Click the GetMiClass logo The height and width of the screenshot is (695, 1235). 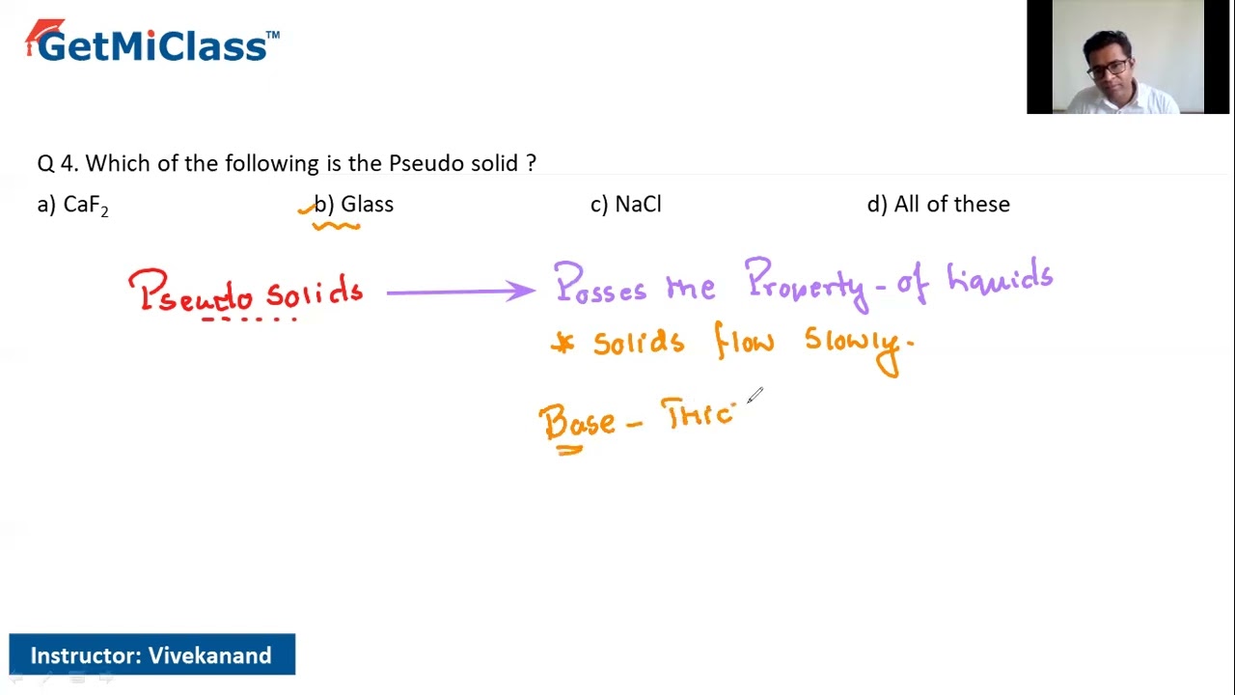coord(152,43)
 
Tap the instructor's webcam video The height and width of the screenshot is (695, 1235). coord(1114,58)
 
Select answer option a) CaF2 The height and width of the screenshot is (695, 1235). coord(73,205)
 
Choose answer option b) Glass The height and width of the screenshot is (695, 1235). coord(354,205)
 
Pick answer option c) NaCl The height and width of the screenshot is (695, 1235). coord(626,205)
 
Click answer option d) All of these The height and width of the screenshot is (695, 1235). coord(939,205)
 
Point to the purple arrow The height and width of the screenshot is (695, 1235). coord(460,291)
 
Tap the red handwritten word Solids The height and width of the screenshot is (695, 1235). coord(315,292)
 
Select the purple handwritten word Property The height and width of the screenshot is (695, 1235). coord(806,283)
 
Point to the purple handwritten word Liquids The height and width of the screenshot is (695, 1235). coord(1000,279)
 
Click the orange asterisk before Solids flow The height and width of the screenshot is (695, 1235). coord(562,345)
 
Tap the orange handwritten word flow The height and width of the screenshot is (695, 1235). coord(744,342)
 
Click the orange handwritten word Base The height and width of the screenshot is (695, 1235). coord(577,423)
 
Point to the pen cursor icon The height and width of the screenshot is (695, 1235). coord(755,396)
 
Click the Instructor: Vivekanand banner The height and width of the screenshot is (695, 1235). coord(151,655)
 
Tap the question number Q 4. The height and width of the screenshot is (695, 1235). coord(57,163)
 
